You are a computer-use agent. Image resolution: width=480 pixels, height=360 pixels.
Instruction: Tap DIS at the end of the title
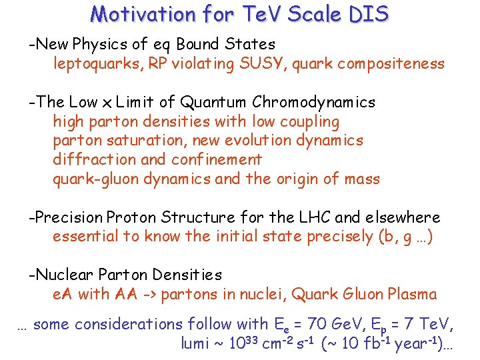[x=368, y=14]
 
